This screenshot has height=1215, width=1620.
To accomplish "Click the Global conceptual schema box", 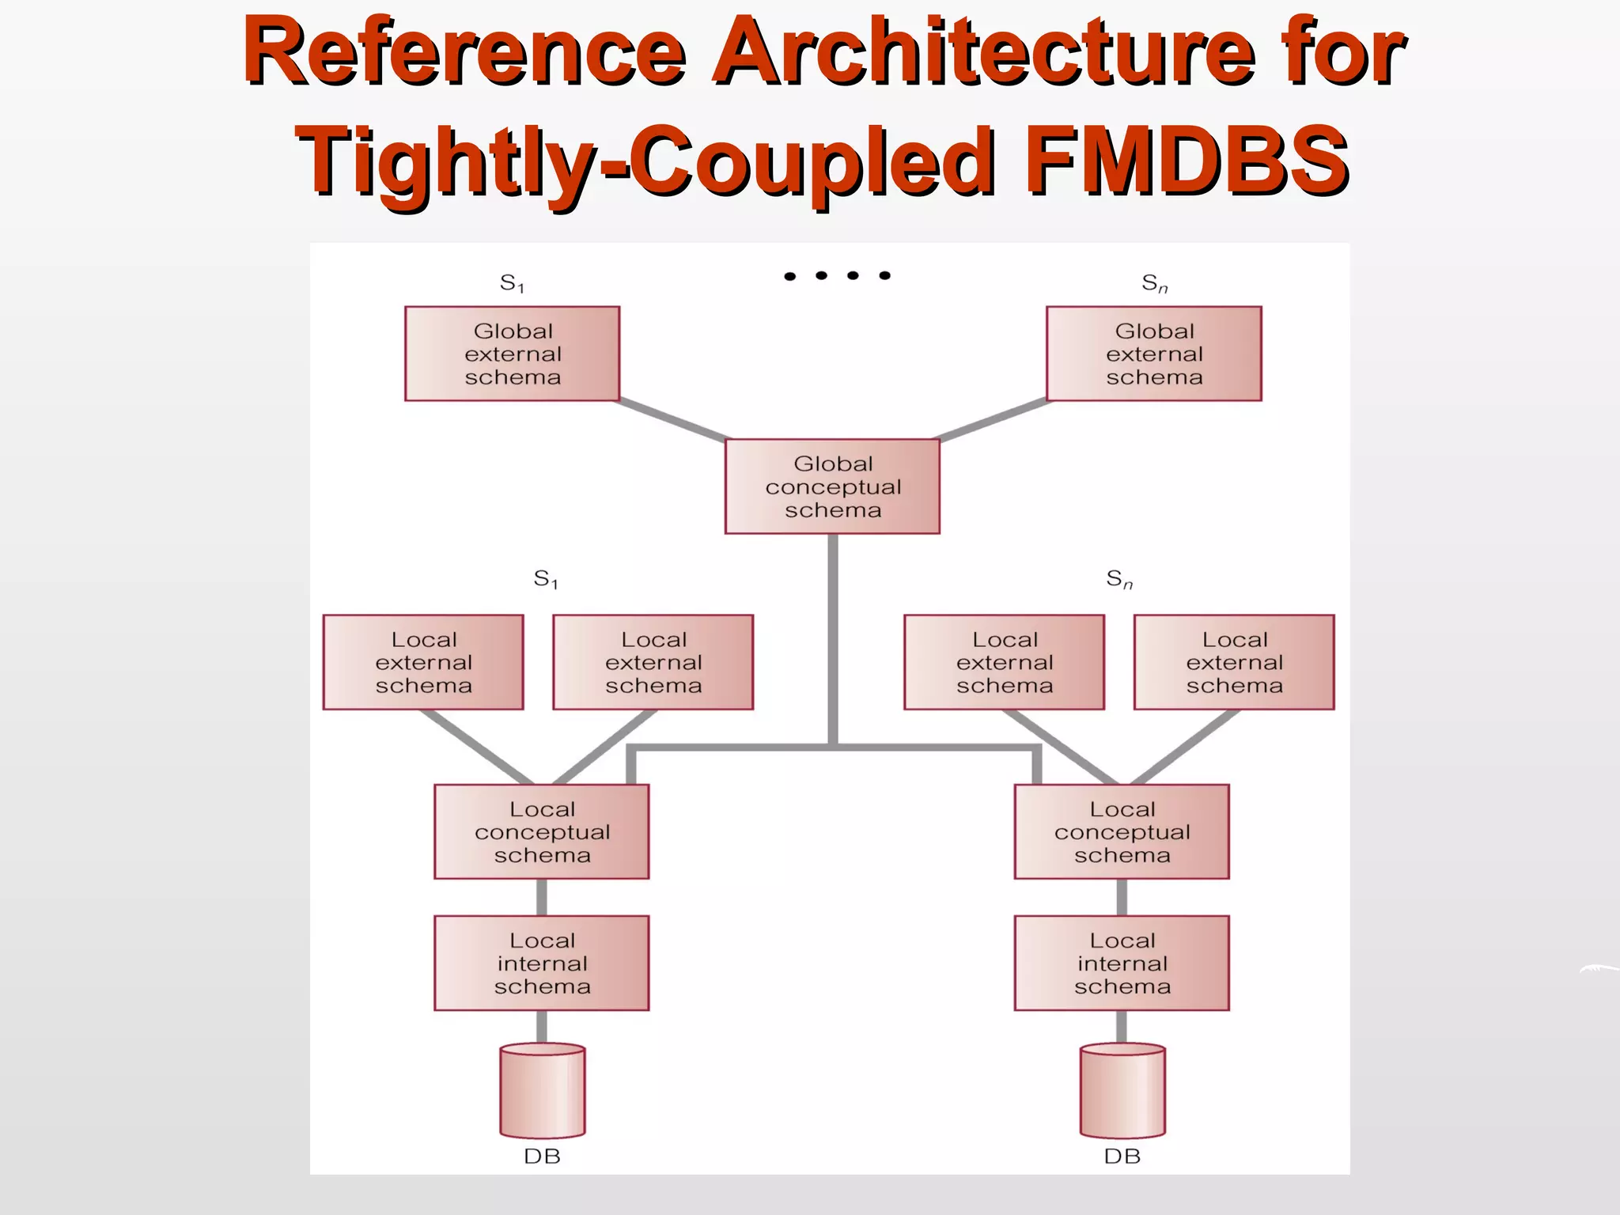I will (x=832, y=486).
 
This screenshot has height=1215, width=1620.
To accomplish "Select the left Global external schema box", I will (x=512, y=354).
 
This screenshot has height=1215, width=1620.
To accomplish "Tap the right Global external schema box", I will (x=1154, y=354).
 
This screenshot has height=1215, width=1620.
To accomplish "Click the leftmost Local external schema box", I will (x=423, y=662).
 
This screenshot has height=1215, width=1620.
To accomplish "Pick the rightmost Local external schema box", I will (x=1234, y=662).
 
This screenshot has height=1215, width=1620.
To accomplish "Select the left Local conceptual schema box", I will (x=542, y=831).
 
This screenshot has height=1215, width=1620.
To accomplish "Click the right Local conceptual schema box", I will (x=1122, y=831).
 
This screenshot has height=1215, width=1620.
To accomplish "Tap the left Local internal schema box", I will (x=542, y=963).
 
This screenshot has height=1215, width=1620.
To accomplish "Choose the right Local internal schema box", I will (x=1122, y=963).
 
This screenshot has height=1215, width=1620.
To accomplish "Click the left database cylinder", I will (x=543, y=1091).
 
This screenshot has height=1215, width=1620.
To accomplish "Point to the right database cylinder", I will (x=1122, y=1091).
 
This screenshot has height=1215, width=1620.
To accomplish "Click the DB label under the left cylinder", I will (x=543, y=1156).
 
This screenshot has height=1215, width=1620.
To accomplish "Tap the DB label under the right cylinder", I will (x=1122, y=1156).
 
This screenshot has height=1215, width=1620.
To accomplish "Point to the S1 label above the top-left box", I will (x=512, y=283).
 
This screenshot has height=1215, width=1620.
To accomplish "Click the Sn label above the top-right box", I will (x=1154, y=283).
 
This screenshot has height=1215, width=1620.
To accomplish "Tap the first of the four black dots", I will (x=789, y=276).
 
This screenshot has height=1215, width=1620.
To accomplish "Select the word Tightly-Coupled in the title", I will (x=645, y=162).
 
